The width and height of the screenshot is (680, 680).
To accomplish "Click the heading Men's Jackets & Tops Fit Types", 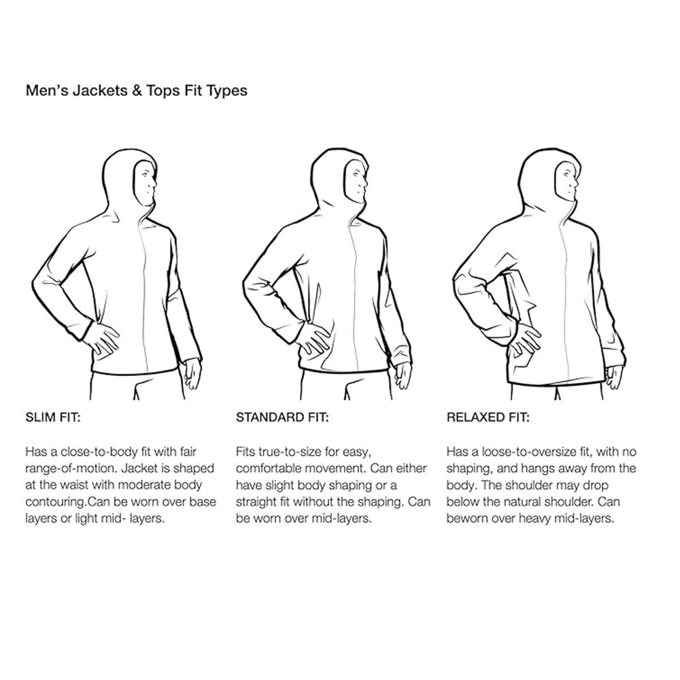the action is tap(137, 90).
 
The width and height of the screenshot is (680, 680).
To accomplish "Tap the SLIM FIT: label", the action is tap(53, 418).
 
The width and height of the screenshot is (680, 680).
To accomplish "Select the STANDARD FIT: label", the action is tap(282, 418).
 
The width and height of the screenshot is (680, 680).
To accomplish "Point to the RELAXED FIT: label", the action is tap(488, 418).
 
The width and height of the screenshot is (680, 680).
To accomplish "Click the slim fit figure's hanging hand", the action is tap(192, 374).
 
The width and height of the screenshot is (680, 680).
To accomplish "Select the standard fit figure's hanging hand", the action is tap(403, 374).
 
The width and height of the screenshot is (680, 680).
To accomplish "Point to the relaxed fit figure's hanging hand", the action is tap(614, 377).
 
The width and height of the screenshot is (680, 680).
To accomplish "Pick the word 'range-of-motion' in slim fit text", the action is tap(71, 469).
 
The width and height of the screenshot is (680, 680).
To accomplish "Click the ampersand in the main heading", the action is tap(137, 90).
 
